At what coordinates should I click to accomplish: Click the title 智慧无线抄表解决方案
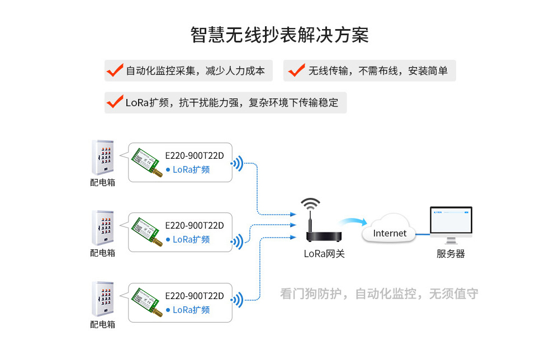(279, 35)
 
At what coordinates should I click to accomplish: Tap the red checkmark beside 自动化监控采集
(115, 70)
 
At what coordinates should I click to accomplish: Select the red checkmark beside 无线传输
(297, 70)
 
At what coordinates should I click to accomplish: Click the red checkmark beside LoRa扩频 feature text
(115, 102)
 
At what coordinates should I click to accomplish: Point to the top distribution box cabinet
(103, 158)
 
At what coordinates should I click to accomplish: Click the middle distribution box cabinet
(103, 228)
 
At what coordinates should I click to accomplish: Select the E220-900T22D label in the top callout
(194, 155)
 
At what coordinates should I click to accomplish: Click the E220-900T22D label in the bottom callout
(194, 296)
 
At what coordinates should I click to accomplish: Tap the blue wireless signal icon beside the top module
(238, 164)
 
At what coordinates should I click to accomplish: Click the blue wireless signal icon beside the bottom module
(238, 300)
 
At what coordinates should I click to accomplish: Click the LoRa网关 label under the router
(324, 254)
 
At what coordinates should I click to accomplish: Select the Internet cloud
(390, 229)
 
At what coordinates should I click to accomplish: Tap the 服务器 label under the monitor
(451, 254)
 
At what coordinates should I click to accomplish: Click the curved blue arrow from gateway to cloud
(352, 221)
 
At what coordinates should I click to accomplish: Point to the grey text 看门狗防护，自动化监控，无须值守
(379, 293)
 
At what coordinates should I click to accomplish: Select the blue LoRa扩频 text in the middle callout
(191, 239)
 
